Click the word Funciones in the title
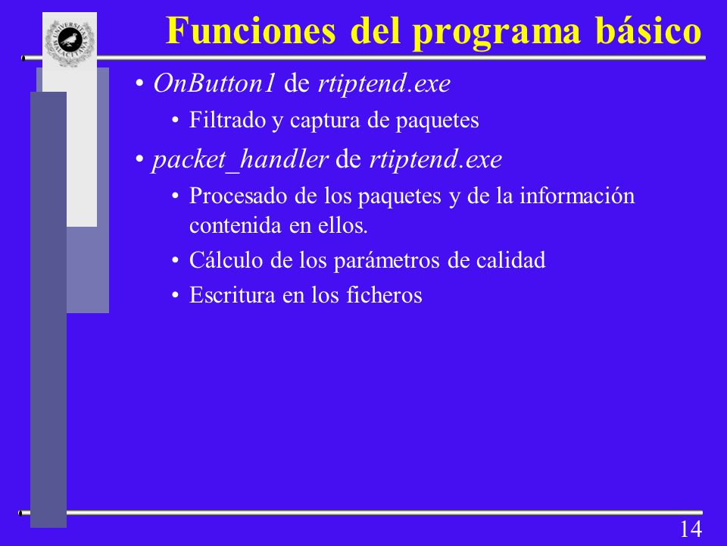click(x=251, y=30)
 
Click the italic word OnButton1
click(x=214, y=83)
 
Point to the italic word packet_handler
click(x=240, y=160)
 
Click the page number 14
click(x=691, y=529)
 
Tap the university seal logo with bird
click(x=70, y=42)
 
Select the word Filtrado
click(x=227, y=121)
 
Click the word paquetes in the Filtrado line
click(x=437, y=121)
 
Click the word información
click(x=577, y=196)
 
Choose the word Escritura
click(x=232, y=295)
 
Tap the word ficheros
click(x=385, y=295)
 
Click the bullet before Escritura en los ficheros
click(x=175, y=296)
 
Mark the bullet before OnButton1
click(x=139, y=84)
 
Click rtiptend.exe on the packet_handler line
click(x=435, y=160)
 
